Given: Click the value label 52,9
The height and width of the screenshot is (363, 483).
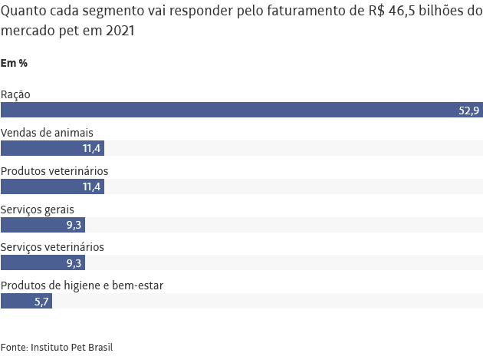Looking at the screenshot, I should point(469,111).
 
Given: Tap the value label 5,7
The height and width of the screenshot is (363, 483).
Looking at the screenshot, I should point(41,302).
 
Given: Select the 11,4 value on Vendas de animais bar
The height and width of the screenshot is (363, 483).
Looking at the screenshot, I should point(92,149).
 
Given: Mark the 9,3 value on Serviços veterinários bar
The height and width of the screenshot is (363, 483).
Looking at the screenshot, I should point(74,264).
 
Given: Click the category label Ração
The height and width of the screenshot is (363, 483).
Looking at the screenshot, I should point(15,94).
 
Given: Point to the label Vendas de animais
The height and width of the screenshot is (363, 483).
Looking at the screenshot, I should point(47,132).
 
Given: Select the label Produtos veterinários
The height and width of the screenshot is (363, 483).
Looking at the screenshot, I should point(54,170).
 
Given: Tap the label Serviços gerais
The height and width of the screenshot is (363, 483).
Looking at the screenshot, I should point(37,209).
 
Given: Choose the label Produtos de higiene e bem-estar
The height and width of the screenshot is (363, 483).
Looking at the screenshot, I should point(82,285).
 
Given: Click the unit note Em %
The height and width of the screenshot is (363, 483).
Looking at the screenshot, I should point(15,62).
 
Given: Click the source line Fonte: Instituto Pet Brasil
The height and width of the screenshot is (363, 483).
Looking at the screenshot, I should point(57,347).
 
